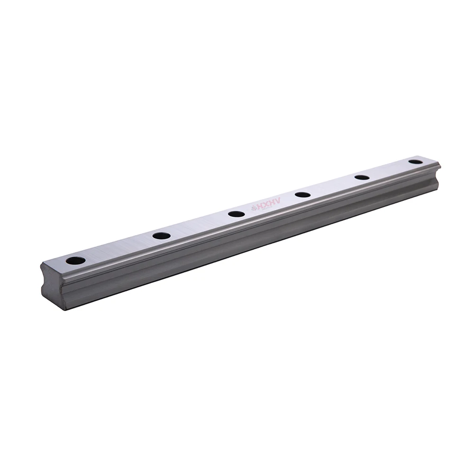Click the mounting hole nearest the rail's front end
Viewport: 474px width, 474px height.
pyautogui.click(x=75, y=260)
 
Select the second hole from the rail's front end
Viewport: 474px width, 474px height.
pyautogui.click(x=162, y=235)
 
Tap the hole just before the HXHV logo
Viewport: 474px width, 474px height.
pyautogui.click(x=236, y=214)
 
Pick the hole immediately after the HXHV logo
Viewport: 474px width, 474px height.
pyautogui.click(x=302, y=194)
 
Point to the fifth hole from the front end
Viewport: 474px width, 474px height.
pyautogui.click(x=362, y=177)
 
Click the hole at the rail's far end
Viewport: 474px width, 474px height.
pyautogui.click(x=416, y=162)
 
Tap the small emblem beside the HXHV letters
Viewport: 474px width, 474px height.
pyautogui.click(x=254, y=209)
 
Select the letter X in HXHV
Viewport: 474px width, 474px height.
pyautogui.click(x=265, y=205)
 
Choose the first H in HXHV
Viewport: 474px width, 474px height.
pyautogui.click(x=260, y=207)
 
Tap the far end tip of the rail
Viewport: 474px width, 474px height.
pyautogui.click(x=439, y=166)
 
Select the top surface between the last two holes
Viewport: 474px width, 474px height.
pyautogui.click(x=389, y=169)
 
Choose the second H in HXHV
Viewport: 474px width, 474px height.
pyautogui.click(x=272, y=203)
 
